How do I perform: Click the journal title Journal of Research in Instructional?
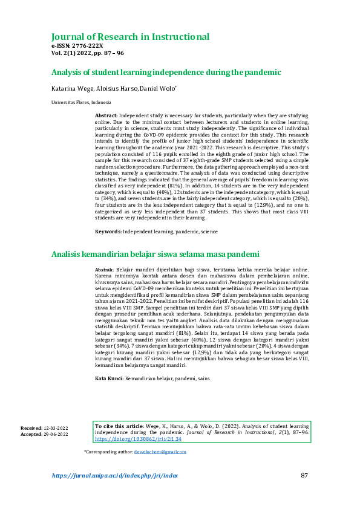click(x=131, y=37)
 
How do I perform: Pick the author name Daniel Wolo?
click(x=158, y=88)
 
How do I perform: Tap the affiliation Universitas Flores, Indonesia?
click(x=76, y=103)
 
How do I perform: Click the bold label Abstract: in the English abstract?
click(x=106, y=114)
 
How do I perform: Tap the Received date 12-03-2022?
click(x=56, y=428)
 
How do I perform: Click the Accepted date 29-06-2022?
click(x=56, y=434)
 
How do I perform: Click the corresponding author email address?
click(x=160, y=452)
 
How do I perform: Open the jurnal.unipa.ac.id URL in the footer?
click(x=115, y=476)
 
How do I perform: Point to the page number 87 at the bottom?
click(x=305, y=476)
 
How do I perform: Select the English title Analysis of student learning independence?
click(x=166, y=73)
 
